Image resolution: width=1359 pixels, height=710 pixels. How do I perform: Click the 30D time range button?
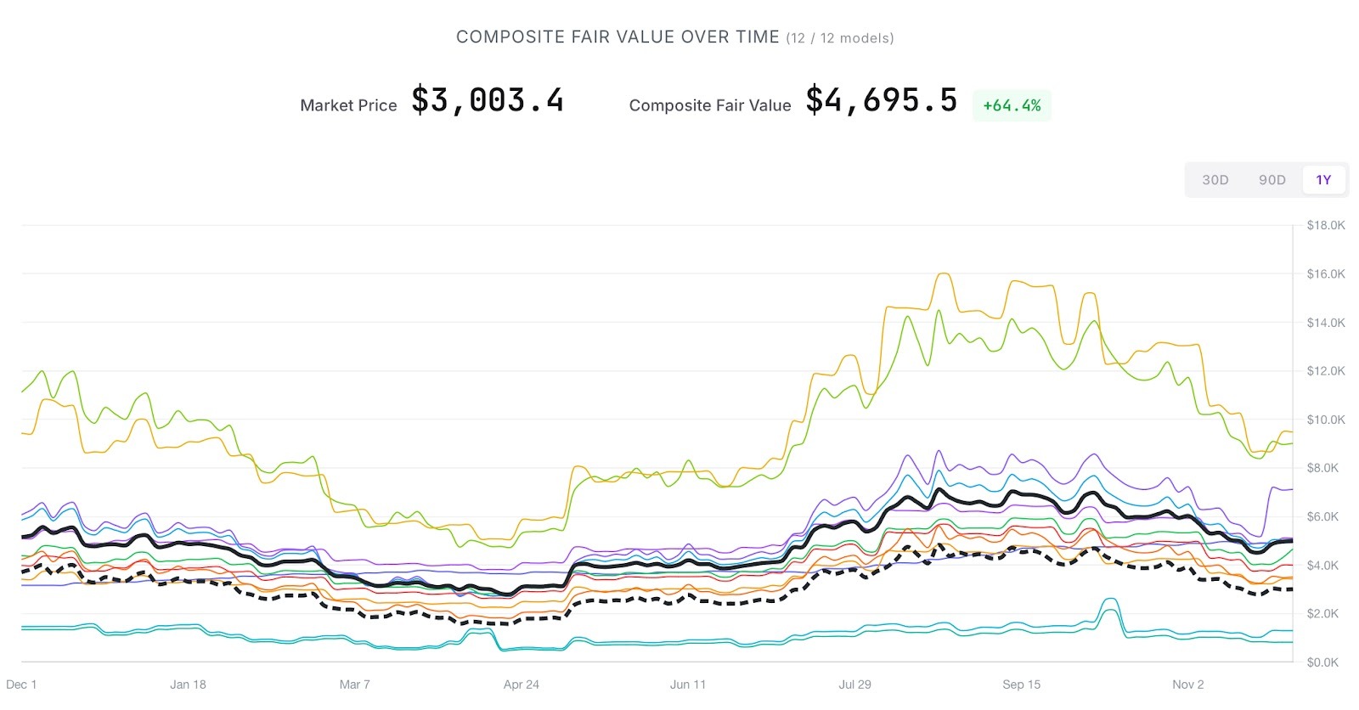coord(1215,180)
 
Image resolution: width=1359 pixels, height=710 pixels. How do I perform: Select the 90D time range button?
coord(1272,180)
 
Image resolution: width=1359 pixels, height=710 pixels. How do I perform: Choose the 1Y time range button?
coord(1323,180)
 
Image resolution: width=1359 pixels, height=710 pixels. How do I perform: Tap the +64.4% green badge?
coord(1012,105)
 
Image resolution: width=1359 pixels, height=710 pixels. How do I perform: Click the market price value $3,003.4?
coord(488,101)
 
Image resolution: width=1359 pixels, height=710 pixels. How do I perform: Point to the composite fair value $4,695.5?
coord(881,101)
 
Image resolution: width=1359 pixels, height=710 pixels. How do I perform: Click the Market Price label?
coord(348,105)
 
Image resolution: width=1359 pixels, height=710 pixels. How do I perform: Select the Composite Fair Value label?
coord(710,105)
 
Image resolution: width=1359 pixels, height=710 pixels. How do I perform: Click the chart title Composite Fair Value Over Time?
coord(617,37)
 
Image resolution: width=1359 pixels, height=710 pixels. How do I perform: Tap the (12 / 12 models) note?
coord(840,38)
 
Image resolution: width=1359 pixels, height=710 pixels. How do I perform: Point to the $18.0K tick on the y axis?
coord(1326,225)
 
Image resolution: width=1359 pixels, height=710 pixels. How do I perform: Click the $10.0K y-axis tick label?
coord(1326,420)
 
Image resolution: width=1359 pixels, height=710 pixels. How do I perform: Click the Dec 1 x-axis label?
coord(21,685)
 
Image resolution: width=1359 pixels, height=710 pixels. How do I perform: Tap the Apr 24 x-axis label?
coord(522,685)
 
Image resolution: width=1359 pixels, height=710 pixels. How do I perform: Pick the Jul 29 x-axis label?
coord(854,685)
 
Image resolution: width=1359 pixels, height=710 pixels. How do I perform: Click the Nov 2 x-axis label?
coord(1188,685)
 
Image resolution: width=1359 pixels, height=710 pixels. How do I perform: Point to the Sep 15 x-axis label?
coord(1021,685)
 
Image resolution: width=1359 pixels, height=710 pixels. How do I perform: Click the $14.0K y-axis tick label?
coord(1326,323)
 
